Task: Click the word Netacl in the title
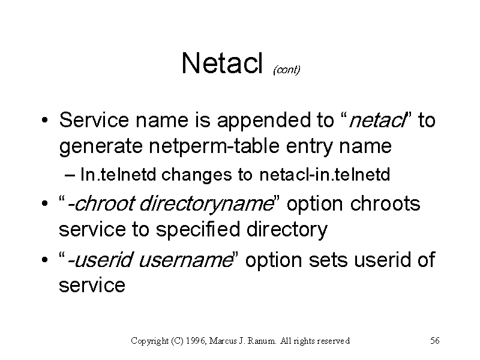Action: pyautogui.click(x=222, y=63)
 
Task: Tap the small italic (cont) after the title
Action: pyautogui.click(x=287, y=70)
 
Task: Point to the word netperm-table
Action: pyautogui.click(x=214, y=146)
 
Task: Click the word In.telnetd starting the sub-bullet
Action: pyautogui.click(x=118, y=175)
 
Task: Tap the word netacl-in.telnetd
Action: pyautogui.click(x=325, y=175)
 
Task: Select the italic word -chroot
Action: pyautogui.click(x=100, y=203)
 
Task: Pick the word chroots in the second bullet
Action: pyautogui.click(x=385, y=203)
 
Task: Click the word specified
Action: pyautogui.click(x=198, y=230)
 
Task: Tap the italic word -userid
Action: pyautogui.click(x=100, y=260)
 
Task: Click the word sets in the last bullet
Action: pyautogui.click(x=328, y=260)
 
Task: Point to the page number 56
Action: pyautogui.click(x=435, y=340)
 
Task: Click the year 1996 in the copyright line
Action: pyautogui.click(x=196, y=341)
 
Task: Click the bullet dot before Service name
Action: pyautogui.click(x=44, y=120)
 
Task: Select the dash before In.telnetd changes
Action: pyautogui.click(x=70, y=175)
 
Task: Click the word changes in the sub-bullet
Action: pyautogui.click(x=197, y=175)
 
